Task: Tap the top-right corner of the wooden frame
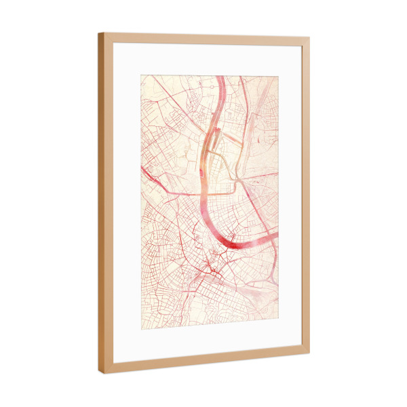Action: coord(309,38)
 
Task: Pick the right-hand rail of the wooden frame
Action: coord(306,197)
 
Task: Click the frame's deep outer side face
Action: coord(101,203)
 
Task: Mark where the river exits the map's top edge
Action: coord(221,77)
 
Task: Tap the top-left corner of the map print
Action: coord(141,75)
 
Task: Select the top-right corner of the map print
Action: coord(278,77)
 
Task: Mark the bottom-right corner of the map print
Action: coord(278,319)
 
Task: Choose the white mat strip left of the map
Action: coord(127,203)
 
